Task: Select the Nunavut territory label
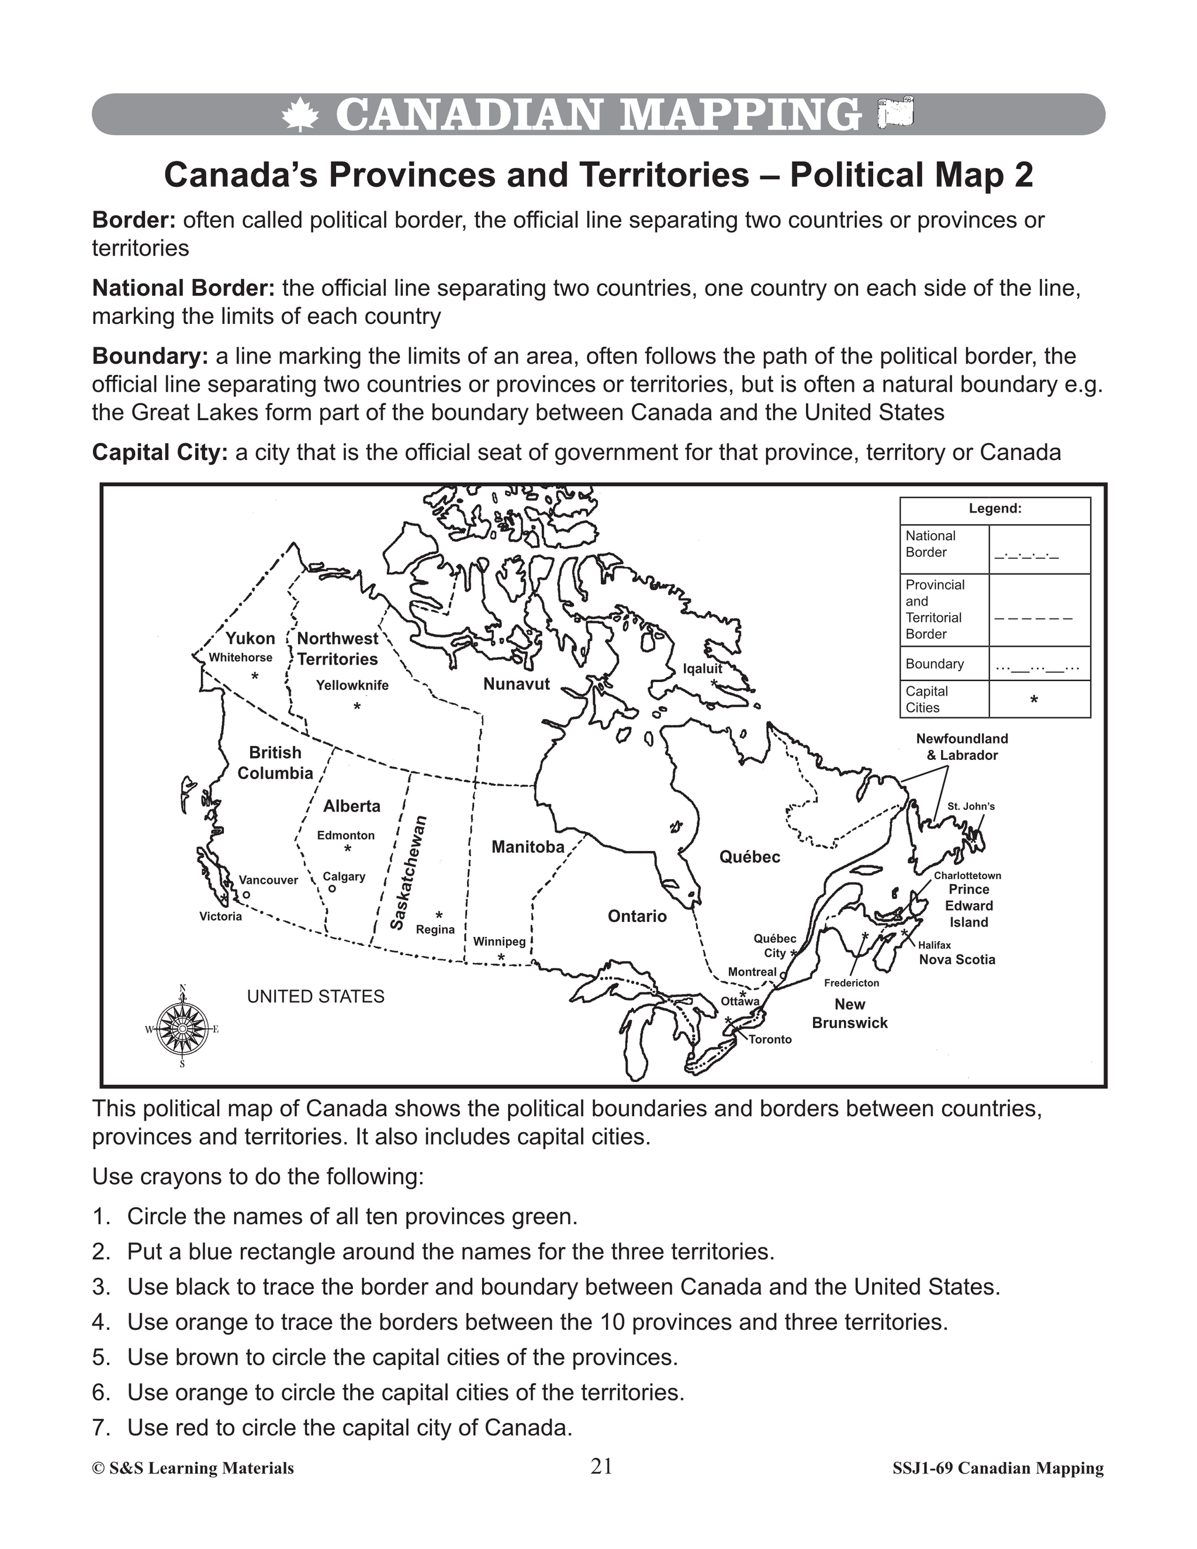[x=516, y=684]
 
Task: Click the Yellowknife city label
[x=352, y=685]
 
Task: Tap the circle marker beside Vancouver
[x=246, y=895]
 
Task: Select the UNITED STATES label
[x=316, y=997]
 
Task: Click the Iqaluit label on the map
[x=702, y=668]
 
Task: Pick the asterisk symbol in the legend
[x=1034, y=700]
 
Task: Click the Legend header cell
[x=994, y=509]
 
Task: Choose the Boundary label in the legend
[x=935, y=664]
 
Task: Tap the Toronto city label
[x=770, y=1039]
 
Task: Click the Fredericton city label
[x=851, y=983]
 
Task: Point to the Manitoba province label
[x=528, y=847]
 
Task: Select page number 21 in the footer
[x=601, y=1466]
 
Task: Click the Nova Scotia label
[x=957, y=960]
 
